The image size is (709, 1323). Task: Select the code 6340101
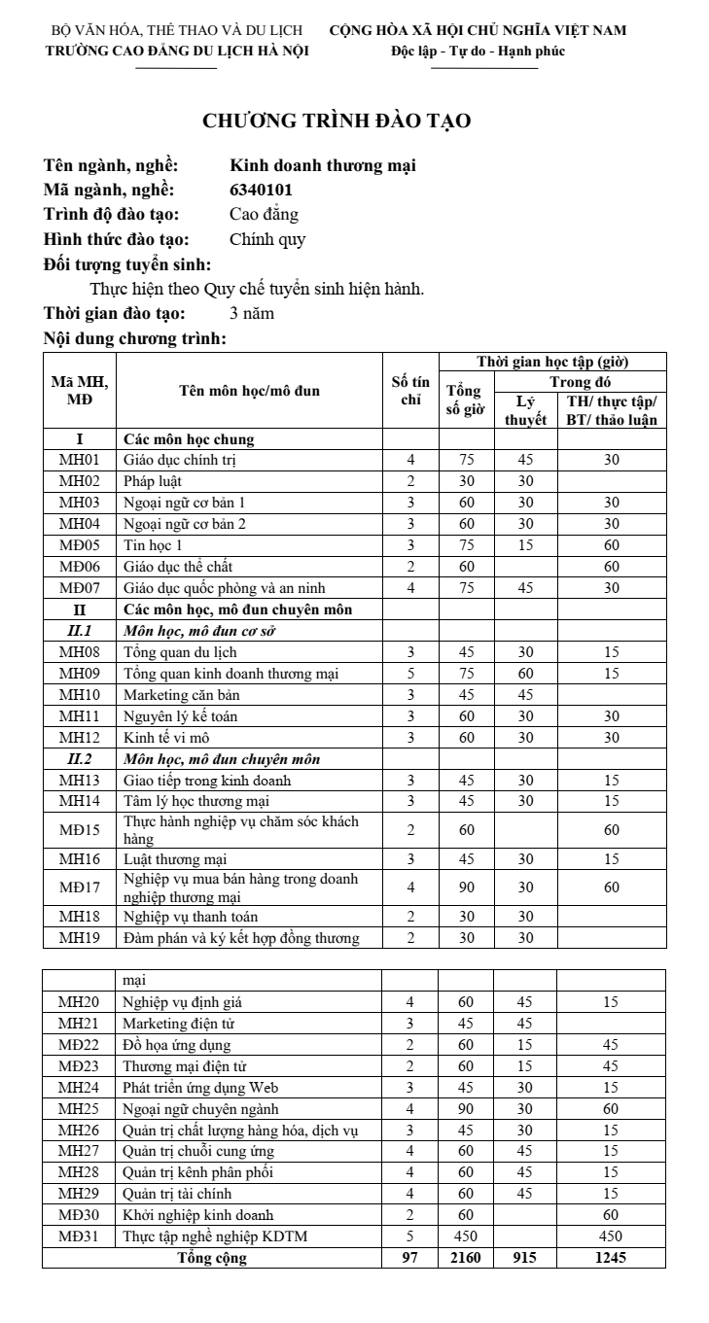[261, 190]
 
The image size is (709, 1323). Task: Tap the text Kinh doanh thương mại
[322, 165]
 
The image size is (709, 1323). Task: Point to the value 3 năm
[252, 313]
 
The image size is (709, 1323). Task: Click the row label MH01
[80, 460]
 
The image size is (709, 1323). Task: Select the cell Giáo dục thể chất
[178, 566]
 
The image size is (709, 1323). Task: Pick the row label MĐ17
[80, 887]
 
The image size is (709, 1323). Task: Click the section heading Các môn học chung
[188, 438]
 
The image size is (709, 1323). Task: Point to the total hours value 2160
[465, 1258]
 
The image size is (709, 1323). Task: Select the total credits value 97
[410, 1258]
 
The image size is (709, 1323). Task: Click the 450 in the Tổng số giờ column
[465, 1236]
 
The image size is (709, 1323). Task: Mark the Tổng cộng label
[212, 1258]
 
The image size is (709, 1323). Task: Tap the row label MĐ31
[80, 1236]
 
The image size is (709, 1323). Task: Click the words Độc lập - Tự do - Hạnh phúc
[478, 52]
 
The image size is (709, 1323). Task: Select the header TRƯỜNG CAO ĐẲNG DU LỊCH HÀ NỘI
[178, 52]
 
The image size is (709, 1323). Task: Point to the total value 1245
[611, 1258]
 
